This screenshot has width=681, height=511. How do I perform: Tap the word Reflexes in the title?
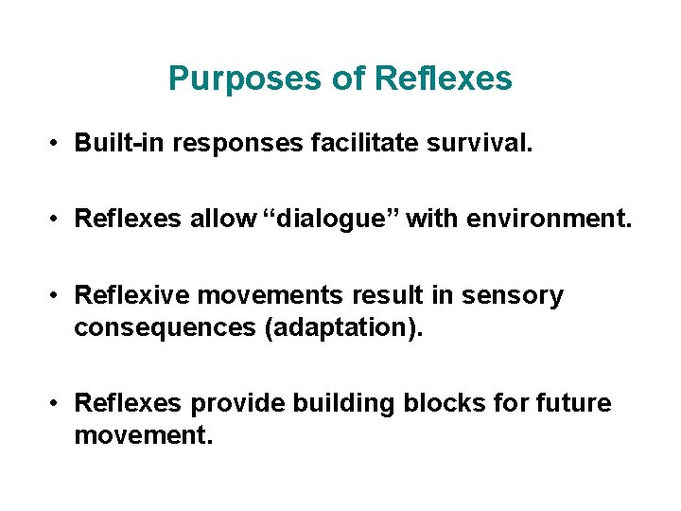[x=444, y=79]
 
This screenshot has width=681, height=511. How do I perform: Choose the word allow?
[x=224, y=220]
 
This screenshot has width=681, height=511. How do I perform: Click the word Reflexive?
[x=129, y=296]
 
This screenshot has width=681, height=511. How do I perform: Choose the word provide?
[x=238, y=404]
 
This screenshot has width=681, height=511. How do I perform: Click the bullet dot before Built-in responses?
[x=58, y=144]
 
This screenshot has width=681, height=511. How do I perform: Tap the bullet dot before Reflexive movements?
[x=58, y=297]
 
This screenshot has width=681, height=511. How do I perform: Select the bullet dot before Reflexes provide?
[x=58, y=405]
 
